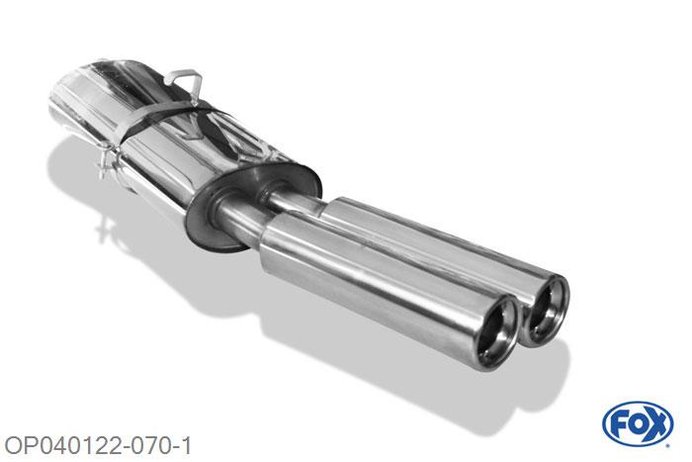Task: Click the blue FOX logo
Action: (638, 424)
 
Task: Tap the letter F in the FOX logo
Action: (618, 424)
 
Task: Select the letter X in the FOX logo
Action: (656, 424)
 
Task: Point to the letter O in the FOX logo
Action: (637, 424)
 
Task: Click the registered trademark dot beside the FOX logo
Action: (669, 446)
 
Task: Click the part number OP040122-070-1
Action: (98, 445)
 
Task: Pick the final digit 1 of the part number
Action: (187, 445)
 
